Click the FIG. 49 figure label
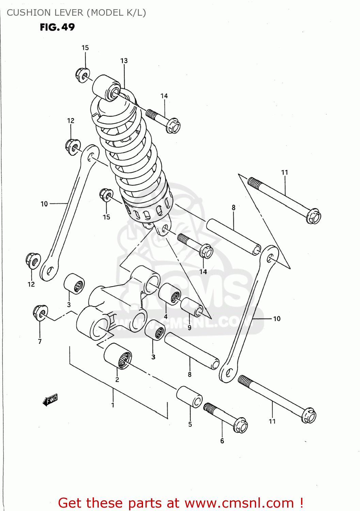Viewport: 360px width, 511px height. point(57,27)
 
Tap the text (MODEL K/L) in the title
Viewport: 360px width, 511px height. point(116,13)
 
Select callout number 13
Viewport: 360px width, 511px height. point(124,61)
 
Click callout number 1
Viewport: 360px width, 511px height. point(113,405)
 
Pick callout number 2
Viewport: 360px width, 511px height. point(117,380)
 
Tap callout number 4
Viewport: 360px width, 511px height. point(166,316)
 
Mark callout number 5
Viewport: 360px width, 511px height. point(190,424)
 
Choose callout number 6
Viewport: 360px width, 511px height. point(222,441)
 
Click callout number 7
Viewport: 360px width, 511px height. point(40,341)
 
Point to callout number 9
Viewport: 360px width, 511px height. point(189,327)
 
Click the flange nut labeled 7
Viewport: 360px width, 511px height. point(40,312)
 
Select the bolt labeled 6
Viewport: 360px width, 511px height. point(226,417)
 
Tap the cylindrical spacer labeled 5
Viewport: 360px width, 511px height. point(189,397)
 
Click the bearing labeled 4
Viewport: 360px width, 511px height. point(170,294)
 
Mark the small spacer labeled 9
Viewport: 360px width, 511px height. point(192,307)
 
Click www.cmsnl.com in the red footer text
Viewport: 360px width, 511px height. point(239,503)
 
